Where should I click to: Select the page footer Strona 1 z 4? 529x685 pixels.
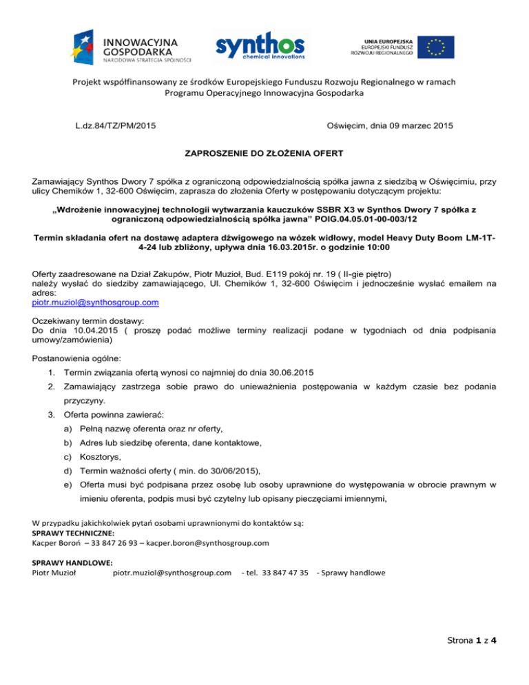(471, 658)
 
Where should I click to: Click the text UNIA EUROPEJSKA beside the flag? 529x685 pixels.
(384, 39)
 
